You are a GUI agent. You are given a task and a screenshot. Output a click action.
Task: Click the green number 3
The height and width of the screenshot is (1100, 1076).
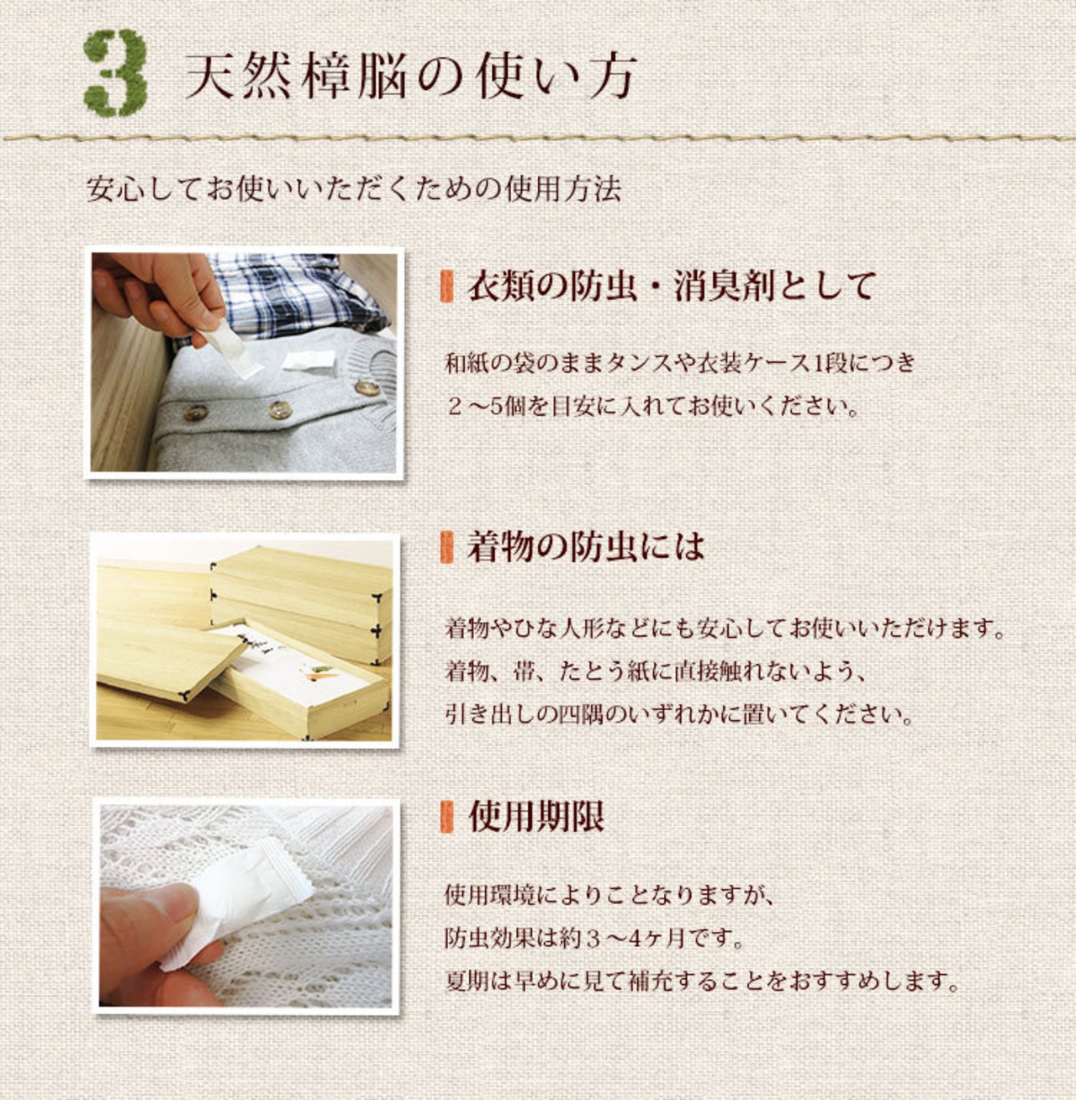[x=116, y=73]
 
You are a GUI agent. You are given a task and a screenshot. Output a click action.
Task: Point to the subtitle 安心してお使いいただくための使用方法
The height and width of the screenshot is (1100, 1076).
[x=353, y=189]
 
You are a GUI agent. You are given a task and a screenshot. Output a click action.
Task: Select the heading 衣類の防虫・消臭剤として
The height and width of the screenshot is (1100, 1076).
[x=671, y=286]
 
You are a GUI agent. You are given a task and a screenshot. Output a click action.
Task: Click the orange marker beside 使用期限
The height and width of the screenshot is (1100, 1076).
[x=446, y=817]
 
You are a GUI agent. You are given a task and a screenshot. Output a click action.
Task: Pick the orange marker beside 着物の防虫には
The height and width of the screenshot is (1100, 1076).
[x=446, y=547]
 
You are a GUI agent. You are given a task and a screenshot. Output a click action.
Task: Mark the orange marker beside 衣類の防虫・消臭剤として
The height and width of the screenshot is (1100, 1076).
[x=446, y=287]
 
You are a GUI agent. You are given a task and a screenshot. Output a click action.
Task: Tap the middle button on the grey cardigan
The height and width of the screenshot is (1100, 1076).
[x=280, y=409]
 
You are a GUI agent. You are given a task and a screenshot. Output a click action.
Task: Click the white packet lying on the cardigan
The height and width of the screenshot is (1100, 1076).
[x=309, y=361]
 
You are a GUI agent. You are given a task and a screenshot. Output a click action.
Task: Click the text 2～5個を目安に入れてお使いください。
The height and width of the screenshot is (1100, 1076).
[x=652, y=407]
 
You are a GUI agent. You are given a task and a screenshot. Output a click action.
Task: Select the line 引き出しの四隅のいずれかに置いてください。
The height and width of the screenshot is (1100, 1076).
[x=679, y=715]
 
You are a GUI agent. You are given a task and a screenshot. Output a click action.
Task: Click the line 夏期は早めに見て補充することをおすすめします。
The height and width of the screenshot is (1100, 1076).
[x=703, y=982]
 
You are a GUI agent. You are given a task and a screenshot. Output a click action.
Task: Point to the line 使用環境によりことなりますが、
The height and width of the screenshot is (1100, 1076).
[x=609, y=895]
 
